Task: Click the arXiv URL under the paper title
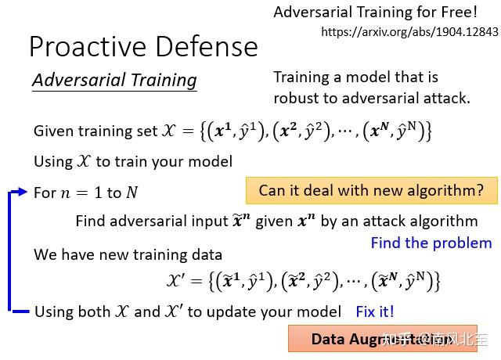click(x=409, y=32)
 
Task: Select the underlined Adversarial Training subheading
click(x=114, y=80)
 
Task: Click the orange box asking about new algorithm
click(x=371, y=190)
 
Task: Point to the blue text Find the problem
click(x=431, y=243)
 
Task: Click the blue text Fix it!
click(x=375, y=311)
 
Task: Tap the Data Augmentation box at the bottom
click(x=388, y=339)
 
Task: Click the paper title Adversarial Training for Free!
click(x=374, y=13)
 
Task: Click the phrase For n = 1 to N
click(x=85, y=193)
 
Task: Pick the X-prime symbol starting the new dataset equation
click(x=176, y=281)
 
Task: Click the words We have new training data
click(x=128, y=254)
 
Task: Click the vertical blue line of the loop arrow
click(x=10, y=250)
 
